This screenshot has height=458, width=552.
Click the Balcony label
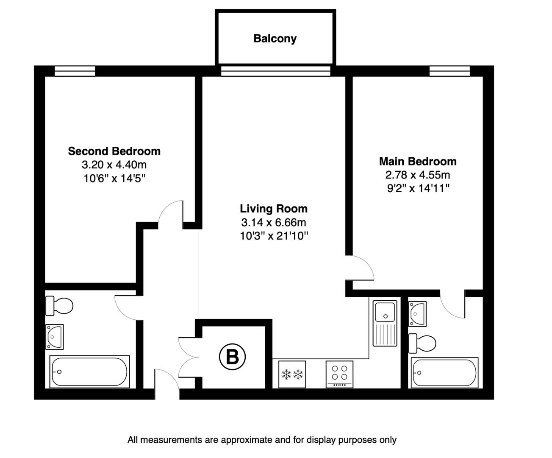tap(275, 39)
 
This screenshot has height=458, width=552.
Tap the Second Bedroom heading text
tap(114, 151)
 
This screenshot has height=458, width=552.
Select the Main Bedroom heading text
tap(417, 162)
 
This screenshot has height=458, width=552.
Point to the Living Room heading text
tap(274, 209)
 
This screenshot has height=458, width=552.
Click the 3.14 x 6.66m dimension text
tap(274, 222)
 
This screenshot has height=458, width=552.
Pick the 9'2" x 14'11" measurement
tap(418, 188)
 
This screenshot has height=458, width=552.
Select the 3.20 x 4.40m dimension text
tap(114, 165)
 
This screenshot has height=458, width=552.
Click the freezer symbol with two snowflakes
tap(292, 374)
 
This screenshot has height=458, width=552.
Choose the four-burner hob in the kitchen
tap(340, 374)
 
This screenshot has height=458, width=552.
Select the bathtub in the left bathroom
tap(89, 371)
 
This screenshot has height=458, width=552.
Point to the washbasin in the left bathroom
tap(54, 337)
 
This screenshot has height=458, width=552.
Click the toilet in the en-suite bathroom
tap(422, 343)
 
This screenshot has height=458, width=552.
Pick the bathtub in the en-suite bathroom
tap(444, 373)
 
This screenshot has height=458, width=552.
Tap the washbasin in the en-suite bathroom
tap(417, 314)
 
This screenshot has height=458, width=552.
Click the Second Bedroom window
tap(75, 71)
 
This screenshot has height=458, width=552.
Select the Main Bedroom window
tap(449, 71)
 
